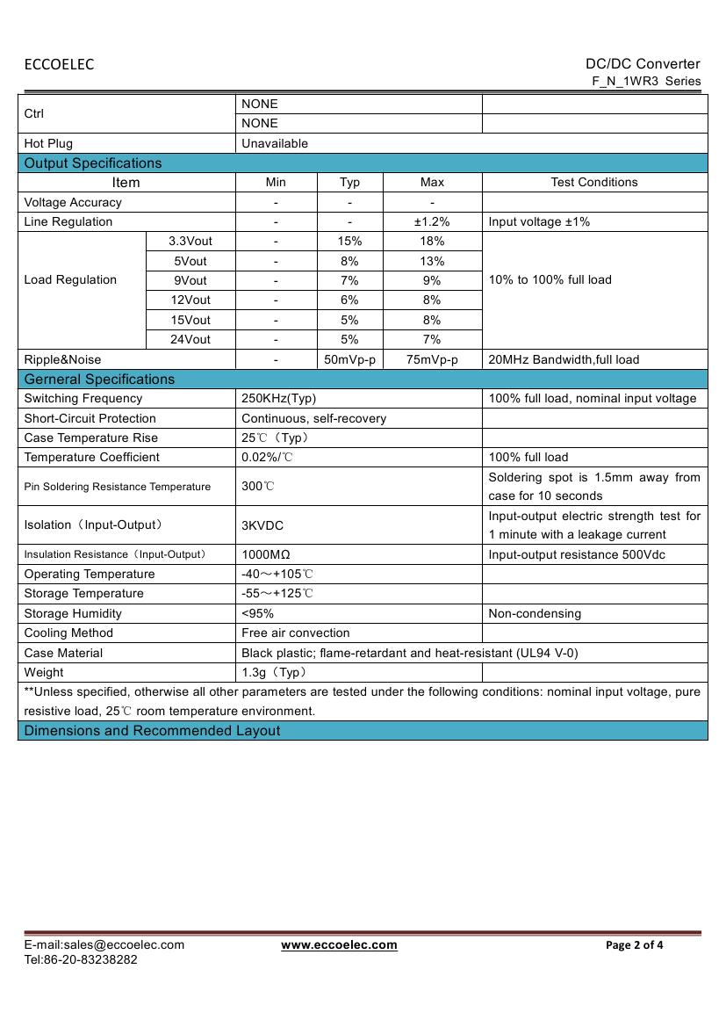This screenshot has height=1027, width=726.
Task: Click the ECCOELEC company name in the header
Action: click(59, 64)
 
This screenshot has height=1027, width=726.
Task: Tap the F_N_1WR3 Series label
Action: click(646, 81)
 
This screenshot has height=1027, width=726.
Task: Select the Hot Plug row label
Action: click(48, 143)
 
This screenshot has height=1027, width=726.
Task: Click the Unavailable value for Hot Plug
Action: click(275, 143)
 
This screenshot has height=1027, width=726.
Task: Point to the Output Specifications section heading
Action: click(93, 163)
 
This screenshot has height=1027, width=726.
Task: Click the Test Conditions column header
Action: click(594, 182)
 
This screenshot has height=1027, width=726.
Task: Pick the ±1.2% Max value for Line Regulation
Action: click(432, 221)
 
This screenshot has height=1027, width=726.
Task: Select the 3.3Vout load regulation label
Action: click(190, 241)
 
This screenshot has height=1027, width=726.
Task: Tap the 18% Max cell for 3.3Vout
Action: click(432, 241)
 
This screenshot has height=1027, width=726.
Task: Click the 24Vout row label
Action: click(190, 339)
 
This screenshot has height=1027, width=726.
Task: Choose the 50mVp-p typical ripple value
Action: click(349, 359)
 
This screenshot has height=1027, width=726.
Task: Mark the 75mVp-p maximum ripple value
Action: click(432, 359)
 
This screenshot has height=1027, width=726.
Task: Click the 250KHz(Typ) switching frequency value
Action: click(279, 398)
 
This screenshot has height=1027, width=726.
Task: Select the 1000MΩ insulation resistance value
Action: click(266, 554)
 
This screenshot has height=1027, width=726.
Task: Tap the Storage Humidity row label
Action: click(73, 613)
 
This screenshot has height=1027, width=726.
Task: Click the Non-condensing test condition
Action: click(535, 613)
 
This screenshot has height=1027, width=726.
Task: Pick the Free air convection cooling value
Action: click(296, 633)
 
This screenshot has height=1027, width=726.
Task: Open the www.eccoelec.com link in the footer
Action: click(339, 944)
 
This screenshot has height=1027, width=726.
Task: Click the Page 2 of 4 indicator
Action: click(635, 945)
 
